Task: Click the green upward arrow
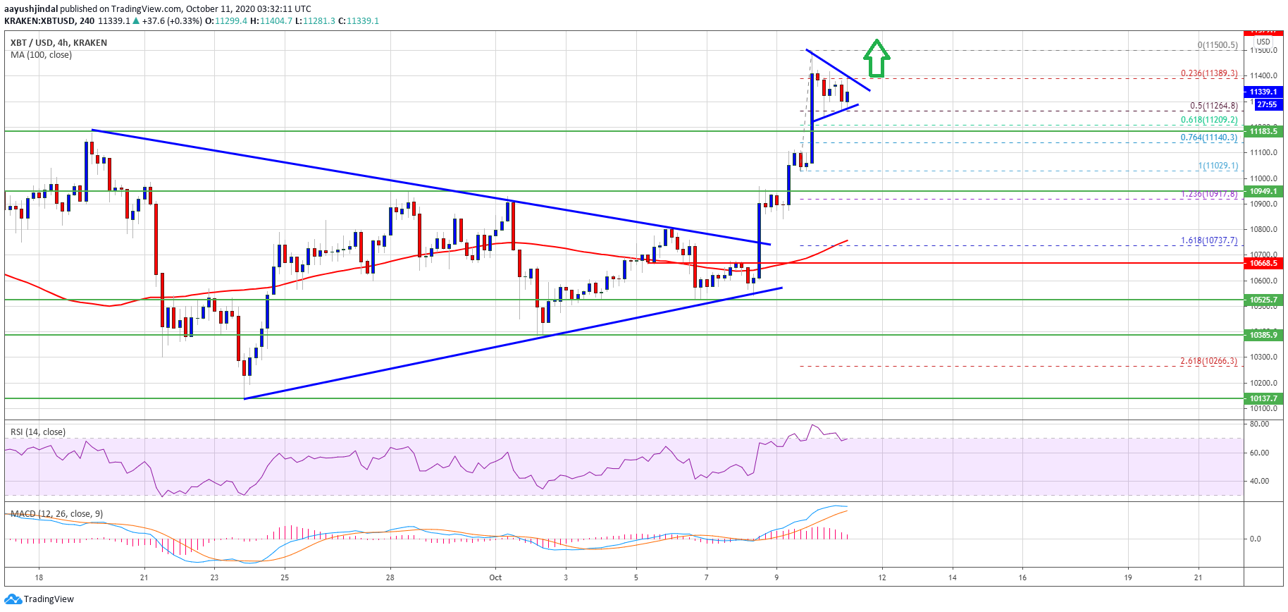click(x=876, y=59)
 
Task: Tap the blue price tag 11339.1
click(x=1263, y=92)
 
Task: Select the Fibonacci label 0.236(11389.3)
click(x=1209, y=73)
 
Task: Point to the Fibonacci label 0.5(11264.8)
click(x=1213, y=106)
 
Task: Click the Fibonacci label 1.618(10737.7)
click(x=1209, y=240)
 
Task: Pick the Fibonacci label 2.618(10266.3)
click(x=1209, y=361)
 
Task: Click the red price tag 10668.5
click(x=1263, y=263)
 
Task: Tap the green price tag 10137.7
click(x=1263, y=398)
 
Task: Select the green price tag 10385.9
click(x=1263, y=335)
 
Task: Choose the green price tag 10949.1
click(x=1263, y=191)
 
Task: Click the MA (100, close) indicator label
click(x=41, y=55)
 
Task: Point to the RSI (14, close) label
click(x=38, y=432)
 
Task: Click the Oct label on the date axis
click(x=495, y=577)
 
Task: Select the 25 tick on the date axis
click(x=285, y=577)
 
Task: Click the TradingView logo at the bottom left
click(x=39, y=599)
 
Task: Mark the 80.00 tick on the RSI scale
click(x=1259, y=424)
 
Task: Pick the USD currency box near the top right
click(x=1263, y=42)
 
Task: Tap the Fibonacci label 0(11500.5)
click(x=1218, y=45)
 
